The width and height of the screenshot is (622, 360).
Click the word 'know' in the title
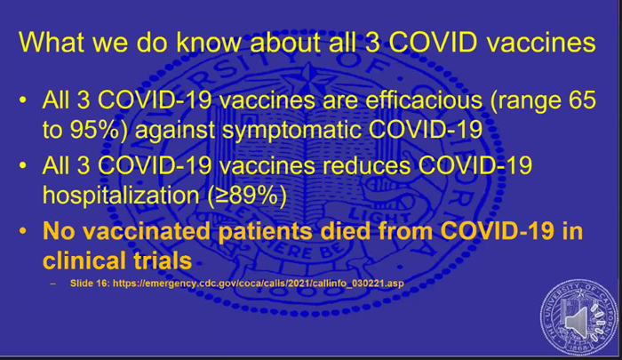(209, 42)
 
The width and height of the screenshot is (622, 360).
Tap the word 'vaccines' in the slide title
(541, 43)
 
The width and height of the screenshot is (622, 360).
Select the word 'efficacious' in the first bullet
(423, 100)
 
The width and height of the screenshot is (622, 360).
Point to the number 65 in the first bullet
(582, 100)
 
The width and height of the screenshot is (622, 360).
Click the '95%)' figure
(99, 130)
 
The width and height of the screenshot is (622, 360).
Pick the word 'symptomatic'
(292, 131)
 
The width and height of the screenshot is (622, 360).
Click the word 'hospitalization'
(121, 196)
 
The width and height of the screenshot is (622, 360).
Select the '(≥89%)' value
(247, 196)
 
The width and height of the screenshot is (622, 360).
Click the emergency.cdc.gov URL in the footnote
(259, 284)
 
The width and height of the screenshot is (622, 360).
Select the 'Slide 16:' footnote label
(90, 284)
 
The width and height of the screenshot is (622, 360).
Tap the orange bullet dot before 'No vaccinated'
(22, 231)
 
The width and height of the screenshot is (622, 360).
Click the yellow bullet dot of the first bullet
(22, 100)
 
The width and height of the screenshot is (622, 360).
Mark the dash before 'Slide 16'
(53, 284)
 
